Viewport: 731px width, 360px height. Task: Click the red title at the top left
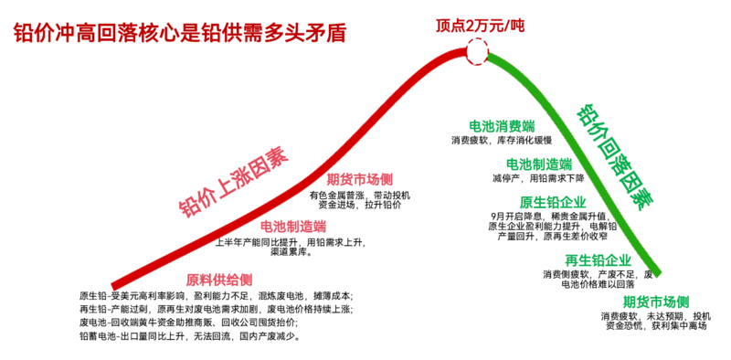tap(179, 33)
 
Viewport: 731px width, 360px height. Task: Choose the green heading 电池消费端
tap(502, 126)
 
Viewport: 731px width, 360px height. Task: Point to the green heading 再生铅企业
tap(598, 260)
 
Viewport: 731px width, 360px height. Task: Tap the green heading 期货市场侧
tap(655, 302)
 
